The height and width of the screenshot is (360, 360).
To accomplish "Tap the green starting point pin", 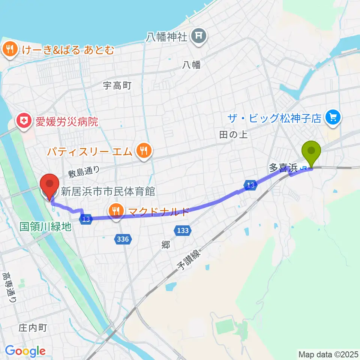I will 312,151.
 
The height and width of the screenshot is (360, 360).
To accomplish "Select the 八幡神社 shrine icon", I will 197,36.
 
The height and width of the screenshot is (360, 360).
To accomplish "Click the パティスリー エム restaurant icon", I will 144,151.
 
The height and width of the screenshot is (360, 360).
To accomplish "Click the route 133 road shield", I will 183,230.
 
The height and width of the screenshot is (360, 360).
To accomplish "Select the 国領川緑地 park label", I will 45,227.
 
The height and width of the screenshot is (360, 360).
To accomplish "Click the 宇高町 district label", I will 117,85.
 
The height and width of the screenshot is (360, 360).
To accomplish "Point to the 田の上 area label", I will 233,135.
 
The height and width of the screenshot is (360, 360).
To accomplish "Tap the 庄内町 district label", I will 33,328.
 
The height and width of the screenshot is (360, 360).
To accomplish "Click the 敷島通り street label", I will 84,172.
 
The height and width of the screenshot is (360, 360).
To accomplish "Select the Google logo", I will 25,351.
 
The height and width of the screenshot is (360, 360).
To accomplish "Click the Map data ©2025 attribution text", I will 328,354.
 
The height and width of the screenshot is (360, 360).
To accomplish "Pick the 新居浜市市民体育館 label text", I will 108,192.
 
